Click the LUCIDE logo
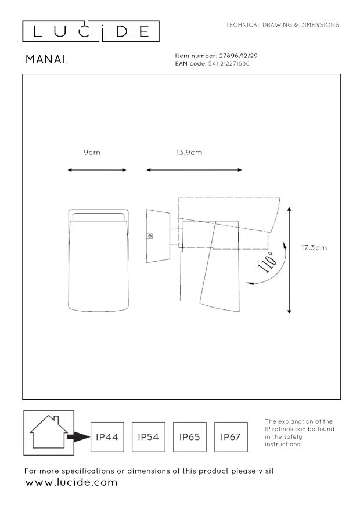point(91,31)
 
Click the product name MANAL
point(47,59)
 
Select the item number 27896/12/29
point(239,56)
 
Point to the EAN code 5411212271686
point(229,64)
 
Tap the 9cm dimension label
point(92,152)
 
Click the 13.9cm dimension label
point(189,152)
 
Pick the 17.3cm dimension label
point(314,248)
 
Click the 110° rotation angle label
point(268,262)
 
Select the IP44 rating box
point(107,437)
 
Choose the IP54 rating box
point(148,437)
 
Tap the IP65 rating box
point(189,437)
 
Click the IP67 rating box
point(231,437)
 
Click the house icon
point(49,432)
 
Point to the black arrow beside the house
point(78,437)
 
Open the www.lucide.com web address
point(71,482)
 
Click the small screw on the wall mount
point(150,236)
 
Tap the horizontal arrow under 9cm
point(97,170)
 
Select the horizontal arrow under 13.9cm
point(194,170)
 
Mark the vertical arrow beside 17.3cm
point(289,261)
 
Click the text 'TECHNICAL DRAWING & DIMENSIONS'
point(282,25)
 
